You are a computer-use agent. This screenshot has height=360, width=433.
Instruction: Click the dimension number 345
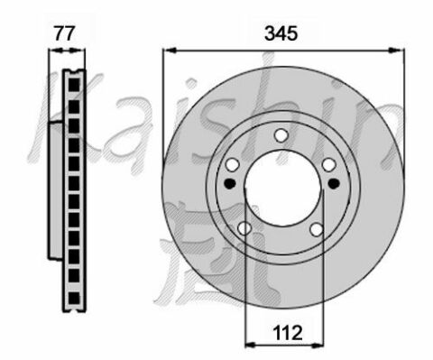pyautogui.click(x=281, y=33)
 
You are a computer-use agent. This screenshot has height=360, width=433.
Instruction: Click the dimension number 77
pyautogui.click(x=64, y=33)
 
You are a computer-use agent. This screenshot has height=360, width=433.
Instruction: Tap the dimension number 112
pyautogui.click(x=287, y=333)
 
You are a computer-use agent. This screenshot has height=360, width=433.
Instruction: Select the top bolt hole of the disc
pyautogui.click(x=281, y=135)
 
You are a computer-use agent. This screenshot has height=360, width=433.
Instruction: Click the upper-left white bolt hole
pyautogui.click(x=233, y=165)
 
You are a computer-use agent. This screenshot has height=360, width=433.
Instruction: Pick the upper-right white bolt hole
pyautogui.click(x=329, y=165)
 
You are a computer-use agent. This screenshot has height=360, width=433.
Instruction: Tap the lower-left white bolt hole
pyautogui.click(x=244, y=228)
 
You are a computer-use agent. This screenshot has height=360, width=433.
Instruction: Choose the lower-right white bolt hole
pyautogui.click(x=317, y=230)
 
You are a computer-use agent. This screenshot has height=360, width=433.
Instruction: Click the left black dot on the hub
pyautogui.click(x=230, y=183)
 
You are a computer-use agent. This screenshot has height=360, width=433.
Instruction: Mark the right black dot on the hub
pyautogui.click(x=334, y=183)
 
